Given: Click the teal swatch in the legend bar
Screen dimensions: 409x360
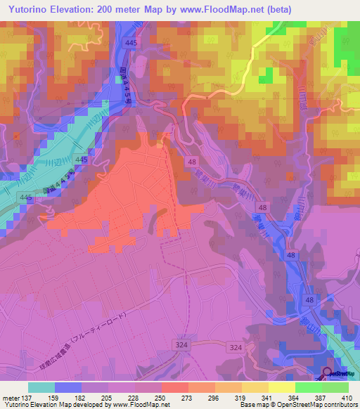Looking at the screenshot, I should point(41,387).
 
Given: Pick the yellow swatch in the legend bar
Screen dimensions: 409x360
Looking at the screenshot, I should point(281,387).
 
